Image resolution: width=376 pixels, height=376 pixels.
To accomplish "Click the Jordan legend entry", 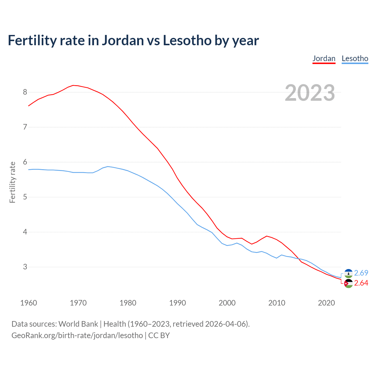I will (x=324, y=58).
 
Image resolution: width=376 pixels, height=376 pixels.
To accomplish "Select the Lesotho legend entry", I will (x=355, y=58).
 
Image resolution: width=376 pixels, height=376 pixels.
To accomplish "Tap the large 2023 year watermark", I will (x=310, y=93).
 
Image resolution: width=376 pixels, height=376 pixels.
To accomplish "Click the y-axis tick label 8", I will (x=25, y=92).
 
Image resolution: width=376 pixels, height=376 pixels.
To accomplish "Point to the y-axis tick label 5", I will (x=25, y=197).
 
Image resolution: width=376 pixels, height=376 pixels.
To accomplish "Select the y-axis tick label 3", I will (x=25, y=267).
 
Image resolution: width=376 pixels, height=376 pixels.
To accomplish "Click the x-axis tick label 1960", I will (x=28, y=303).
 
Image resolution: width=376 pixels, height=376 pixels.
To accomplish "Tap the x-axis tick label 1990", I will (x=177, y=303).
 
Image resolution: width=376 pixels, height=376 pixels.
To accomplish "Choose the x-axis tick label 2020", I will (x=326, y=303).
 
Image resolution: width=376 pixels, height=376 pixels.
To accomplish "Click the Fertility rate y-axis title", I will (x=12, y=182).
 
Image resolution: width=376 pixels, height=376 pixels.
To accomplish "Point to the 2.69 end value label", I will (x=361, y=273).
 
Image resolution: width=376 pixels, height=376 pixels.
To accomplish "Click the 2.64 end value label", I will (x=361, y=283).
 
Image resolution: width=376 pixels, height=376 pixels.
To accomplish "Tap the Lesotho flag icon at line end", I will (x=348, y=273).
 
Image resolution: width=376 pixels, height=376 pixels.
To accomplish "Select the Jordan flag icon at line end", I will (x=348, y=283).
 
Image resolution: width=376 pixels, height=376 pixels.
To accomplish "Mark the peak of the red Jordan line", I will (x=73, y=85).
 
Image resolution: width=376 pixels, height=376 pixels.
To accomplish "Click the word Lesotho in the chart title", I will (x=187, y=41).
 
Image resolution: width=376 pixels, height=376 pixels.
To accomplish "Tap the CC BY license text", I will (x=159, y=335).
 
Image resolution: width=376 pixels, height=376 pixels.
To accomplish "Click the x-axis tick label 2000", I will (x=227, y=303).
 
